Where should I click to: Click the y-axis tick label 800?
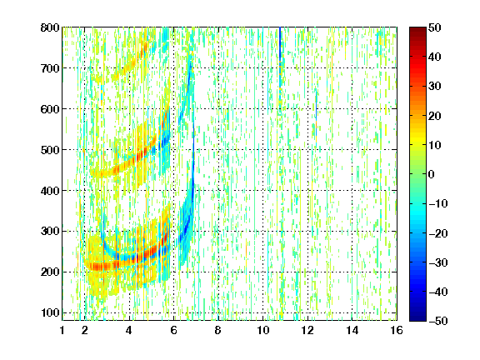(50, 27)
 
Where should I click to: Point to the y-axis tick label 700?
(50, 68)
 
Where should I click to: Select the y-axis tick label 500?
(50, 150)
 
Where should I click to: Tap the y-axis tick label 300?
(50, 232)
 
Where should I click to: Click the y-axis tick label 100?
(50, 312)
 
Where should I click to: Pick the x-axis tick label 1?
(62, 330)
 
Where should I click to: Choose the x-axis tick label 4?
(129, 330)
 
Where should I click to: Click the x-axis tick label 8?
(218, 330)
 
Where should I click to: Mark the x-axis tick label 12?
(307, 330)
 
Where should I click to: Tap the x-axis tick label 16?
(397, 330)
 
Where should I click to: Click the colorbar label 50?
(435, 27)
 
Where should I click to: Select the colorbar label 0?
(432, 174)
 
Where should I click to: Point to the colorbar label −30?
(438, 262)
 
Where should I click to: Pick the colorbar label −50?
(438, 321)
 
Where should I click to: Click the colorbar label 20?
(435, 116)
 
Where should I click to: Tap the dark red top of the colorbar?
(417, 30)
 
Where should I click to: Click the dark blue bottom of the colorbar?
(417, 317)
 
